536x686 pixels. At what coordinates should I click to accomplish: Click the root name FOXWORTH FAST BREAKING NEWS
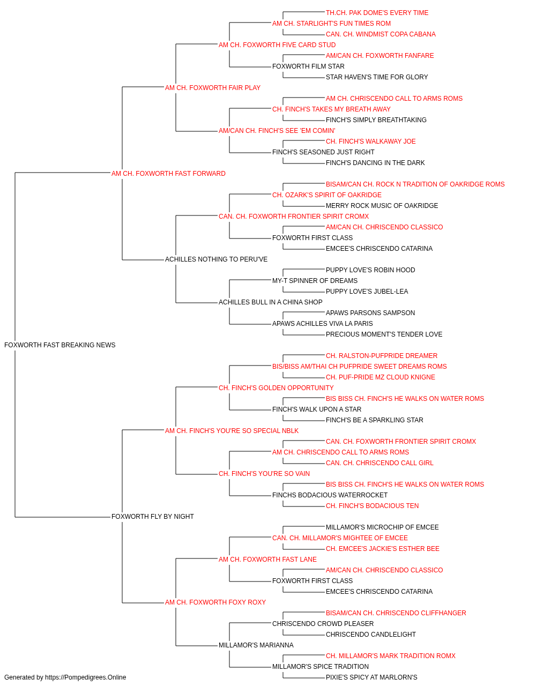click(59, 345)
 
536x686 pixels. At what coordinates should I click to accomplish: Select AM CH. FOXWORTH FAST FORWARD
click(168, 174)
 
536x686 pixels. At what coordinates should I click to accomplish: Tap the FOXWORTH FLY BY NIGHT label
click(152, 517)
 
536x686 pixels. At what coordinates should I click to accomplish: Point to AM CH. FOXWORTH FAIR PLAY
click(213, 88)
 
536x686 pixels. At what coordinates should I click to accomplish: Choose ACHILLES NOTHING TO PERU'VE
click(216, 259)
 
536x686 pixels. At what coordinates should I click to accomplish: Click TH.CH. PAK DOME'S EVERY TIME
click(377, 13)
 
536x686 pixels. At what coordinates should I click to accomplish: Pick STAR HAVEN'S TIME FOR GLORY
click(377, 77)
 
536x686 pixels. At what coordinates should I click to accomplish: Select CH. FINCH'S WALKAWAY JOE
click(370, 141)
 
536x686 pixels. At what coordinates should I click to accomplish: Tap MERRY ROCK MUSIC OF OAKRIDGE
click(382, 206)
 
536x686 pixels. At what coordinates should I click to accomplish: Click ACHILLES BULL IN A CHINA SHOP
click(271, 302)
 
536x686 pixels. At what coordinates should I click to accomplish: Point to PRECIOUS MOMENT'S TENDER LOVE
click(384, 334)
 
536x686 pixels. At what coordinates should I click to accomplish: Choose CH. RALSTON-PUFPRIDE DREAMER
click(382, 356)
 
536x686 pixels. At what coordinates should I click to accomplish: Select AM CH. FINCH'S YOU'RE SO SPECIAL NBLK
click(232, 431)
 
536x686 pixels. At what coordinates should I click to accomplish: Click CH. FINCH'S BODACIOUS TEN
click(372, 506)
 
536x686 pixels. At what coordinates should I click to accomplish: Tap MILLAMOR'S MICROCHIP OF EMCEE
click(382, 527)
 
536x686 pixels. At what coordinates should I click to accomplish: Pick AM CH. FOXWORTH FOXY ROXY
click(215, 602)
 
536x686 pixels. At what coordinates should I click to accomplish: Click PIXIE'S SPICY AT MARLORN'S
click(371, 677)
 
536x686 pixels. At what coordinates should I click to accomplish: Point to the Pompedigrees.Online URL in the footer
click(86, 677)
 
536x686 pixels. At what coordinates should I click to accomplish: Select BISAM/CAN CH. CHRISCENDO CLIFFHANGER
click(396, 613)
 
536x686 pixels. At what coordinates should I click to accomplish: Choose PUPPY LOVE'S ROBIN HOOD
click(370, 270)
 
